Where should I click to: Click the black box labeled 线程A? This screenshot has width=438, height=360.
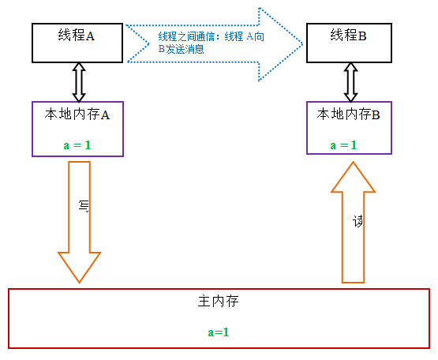[77, 43]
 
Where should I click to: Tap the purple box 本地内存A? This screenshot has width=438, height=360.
[77, 129]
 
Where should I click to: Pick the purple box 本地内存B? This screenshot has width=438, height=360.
[350, 129]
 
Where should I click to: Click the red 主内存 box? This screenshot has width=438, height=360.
[219, 318]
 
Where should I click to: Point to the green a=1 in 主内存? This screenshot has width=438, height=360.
[219, 332]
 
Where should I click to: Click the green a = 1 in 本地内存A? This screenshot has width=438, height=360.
[77, 145]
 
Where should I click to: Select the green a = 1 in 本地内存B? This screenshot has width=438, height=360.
[343, 145]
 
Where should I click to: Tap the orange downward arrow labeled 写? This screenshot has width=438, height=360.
[80, 229]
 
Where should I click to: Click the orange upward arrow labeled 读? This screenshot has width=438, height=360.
[354, 229]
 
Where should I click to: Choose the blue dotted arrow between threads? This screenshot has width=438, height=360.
[213, 44]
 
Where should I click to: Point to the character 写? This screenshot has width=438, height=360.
[84, 206]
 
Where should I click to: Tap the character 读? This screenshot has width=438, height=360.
[358, 222]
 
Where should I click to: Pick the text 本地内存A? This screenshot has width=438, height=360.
[77, 114]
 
